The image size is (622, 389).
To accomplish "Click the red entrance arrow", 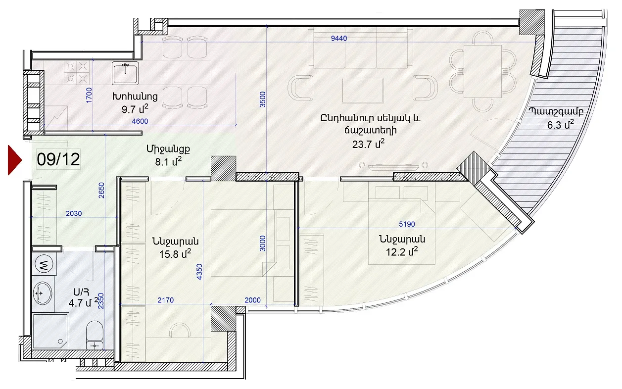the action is (x=14, y=160).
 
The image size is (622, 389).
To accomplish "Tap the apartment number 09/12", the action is (x=58, y=159).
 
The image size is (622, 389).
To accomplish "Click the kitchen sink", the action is (x=125, y=73).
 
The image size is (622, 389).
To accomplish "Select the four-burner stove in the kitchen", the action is (x=77, y=73).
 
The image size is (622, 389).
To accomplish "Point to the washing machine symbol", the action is (x=44, y=264).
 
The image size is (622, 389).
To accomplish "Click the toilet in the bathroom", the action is (x=95, y=335).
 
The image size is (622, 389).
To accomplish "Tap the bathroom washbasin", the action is (x=43, y=293).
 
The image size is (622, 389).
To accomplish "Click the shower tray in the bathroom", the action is (x=50, y=331).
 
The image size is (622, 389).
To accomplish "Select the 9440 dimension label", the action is (x=339, y=38).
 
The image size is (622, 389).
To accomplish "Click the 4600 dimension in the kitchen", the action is (x=140, y=121).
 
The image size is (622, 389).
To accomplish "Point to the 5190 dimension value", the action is (x=407, y=224).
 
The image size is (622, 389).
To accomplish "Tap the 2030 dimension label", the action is (x=74, y=213).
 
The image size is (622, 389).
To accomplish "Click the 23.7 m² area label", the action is (x=368, y=144).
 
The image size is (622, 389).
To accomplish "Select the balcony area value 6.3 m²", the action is (x=560, y=125).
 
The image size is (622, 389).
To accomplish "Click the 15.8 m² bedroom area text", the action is (x=175, y=253).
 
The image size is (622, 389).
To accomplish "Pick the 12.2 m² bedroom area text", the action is (x=402, y=251).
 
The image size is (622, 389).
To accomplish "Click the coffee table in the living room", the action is (x=363, y=90).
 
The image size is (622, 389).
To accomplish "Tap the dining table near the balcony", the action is (x=482, y=71).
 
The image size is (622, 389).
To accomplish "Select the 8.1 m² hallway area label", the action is (x=168, y=161).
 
